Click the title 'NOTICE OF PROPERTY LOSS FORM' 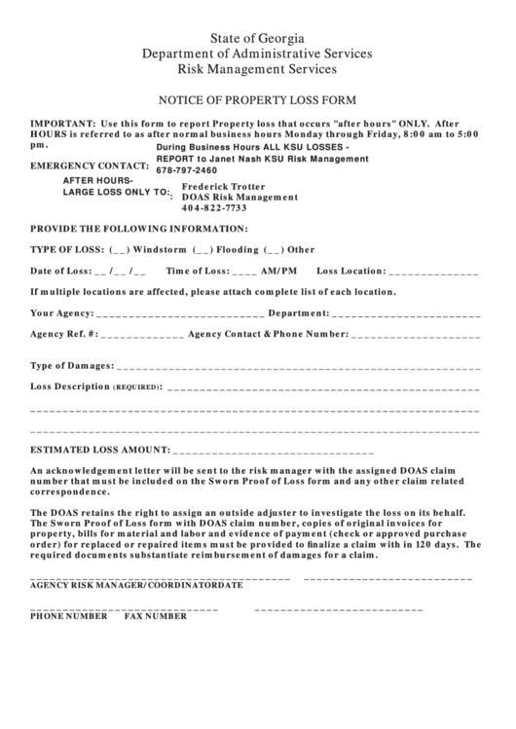click(x=258, y=100)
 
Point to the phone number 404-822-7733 click(x=214, y=208)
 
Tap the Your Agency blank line click(x=180, y=313)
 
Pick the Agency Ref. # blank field click(x=142, y=334)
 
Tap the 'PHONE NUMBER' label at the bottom click(x=68, y=616)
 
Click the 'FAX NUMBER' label click(x=155, y=616)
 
